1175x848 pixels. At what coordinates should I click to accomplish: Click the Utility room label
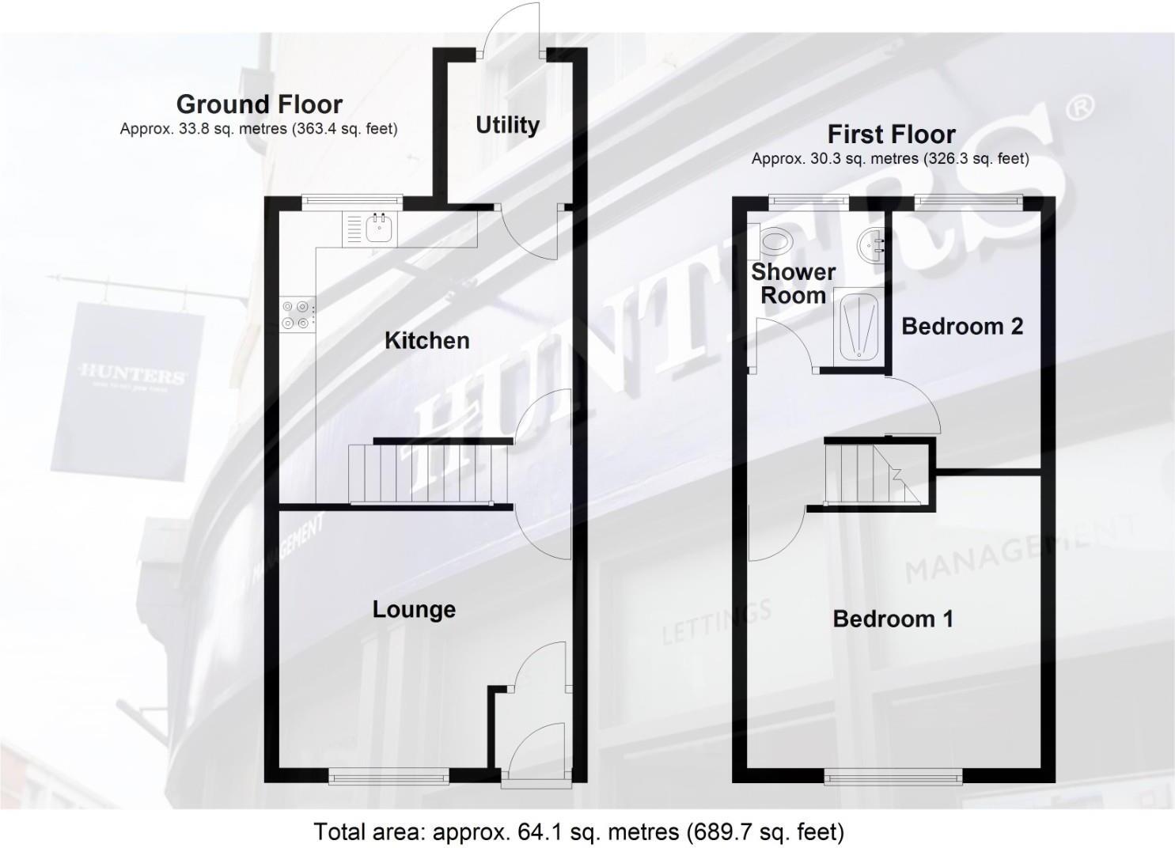point(507,125)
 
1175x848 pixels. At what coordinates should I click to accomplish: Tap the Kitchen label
point(426,340)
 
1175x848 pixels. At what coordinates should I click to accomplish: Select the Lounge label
point(414,609)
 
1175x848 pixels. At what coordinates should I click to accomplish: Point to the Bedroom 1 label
point(893,619)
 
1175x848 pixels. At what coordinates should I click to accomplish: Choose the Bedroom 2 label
point(961,326)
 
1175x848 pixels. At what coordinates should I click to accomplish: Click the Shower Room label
point(793,283)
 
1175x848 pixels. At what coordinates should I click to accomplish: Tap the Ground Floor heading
point(259,104)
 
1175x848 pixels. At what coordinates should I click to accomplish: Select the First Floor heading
point(891,134)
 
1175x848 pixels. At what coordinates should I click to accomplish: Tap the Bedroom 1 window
point(893,778)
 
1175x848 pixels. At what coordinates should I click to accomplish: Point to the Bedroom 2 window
point(968,201)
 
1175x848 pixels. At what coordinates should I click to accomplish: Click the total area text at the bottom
point(579,831)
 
